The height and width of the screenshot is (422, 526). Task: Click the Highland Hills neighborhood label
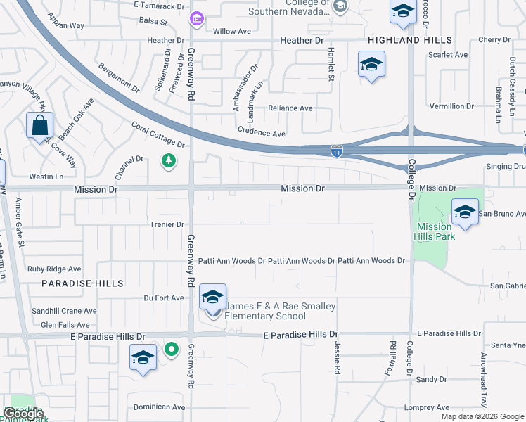pyautogui.click(x=409, y=40)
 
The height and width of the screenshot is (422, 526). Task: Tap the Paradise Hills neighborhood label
pyautogui.click(x=82, y=283)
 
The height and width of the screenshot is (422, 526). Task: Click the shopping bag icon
pyautogui.click(x=40, y=127)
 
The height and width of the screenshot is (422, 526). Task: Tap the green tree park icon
pyautogui.click(x=169, y=162)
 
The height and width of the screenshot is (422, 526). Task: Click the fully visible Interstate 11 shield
pyautogui.click(x=337, y=151)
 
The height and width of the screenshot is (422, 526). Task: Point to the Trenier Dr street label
pyautogui.click(x=166, y=224)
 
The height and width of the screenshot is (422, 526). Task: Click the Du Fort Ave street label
pyautogui.click(x=164, y=298)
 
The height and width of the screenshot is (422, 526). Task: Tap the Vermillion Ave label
pyautogui.click(x=452, y=106)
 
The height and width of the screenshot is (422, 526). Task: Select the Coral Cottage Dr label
pyautogui.click(x=158, y=134)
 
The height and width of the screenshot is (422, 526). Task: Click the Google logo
pyautogui.click(x=23, y=413)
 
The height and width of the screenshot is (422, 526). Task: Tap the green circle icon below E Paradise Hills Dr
pyautogui.click(x=171, y=349)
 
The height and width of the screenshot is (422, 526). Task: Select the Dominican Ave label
pyautogui.click(x=160, y=407)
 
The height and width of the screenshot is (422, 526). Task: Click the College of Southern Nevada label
pyautogui.click(x=308, y=6)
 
